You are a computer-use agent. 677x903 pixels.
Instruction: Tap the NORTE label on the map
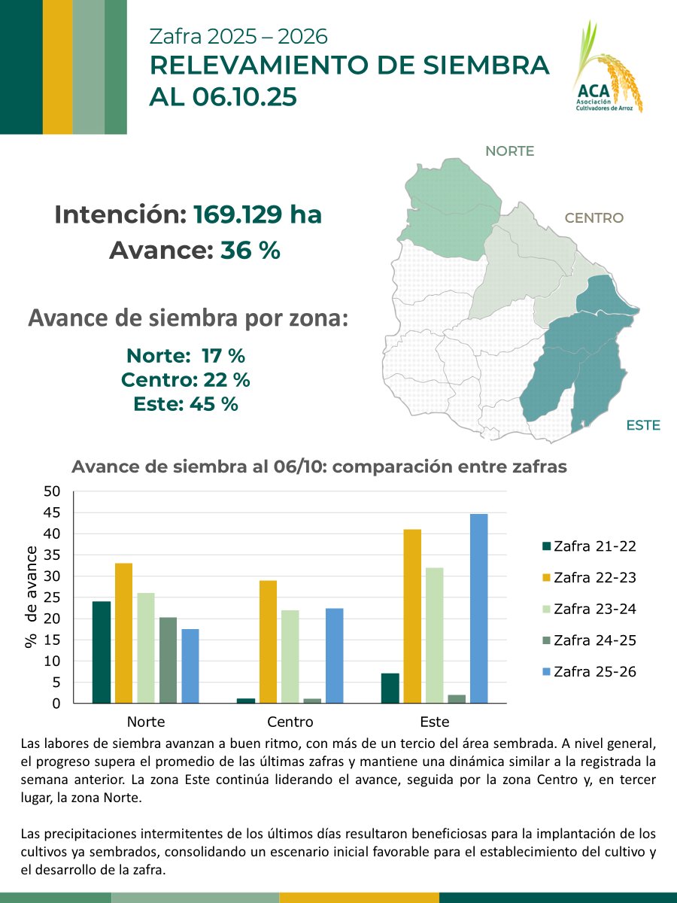point(509,151)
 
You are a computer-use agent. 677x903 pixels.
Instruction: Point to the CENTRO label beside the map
point(594,218)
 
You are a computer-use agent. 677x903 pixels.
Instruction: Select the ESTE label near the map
point(642,425)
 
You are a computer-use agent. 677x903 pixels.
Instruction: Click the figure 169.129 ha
point(257,215)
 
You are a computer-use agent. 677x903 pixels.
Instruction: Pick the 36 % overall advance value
point(250,251)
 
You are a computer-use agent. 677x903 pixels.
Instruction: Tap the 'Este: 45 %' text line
point(185,404)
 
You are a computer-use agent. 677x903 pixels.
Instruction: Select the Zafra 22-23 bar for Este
point(412,616)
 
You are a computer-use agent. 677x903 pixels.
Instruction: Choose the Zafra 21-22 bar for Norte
point(101,652)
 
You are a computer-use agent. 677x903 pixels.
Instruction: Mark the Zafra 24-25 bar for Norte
point(168,660)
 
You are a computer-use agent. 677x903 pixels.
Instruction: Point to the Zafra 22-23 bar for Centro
point(268,642)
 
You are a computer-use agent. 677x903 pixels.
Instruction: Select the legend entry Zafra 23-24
point(589,609)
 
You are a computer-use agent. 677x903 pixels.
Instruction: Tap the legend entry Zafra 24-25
point(589,640)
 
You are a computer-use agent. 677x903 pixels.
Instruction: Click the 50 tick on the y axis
point(52,491)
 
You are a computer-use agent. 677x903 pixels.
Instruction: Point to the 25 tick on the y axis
point(52,597)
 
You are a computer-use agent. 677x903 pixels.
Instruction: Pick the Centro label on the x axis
point(290,722)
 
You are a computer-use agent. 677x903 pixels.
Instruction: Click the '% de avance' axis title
point(31,598)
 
